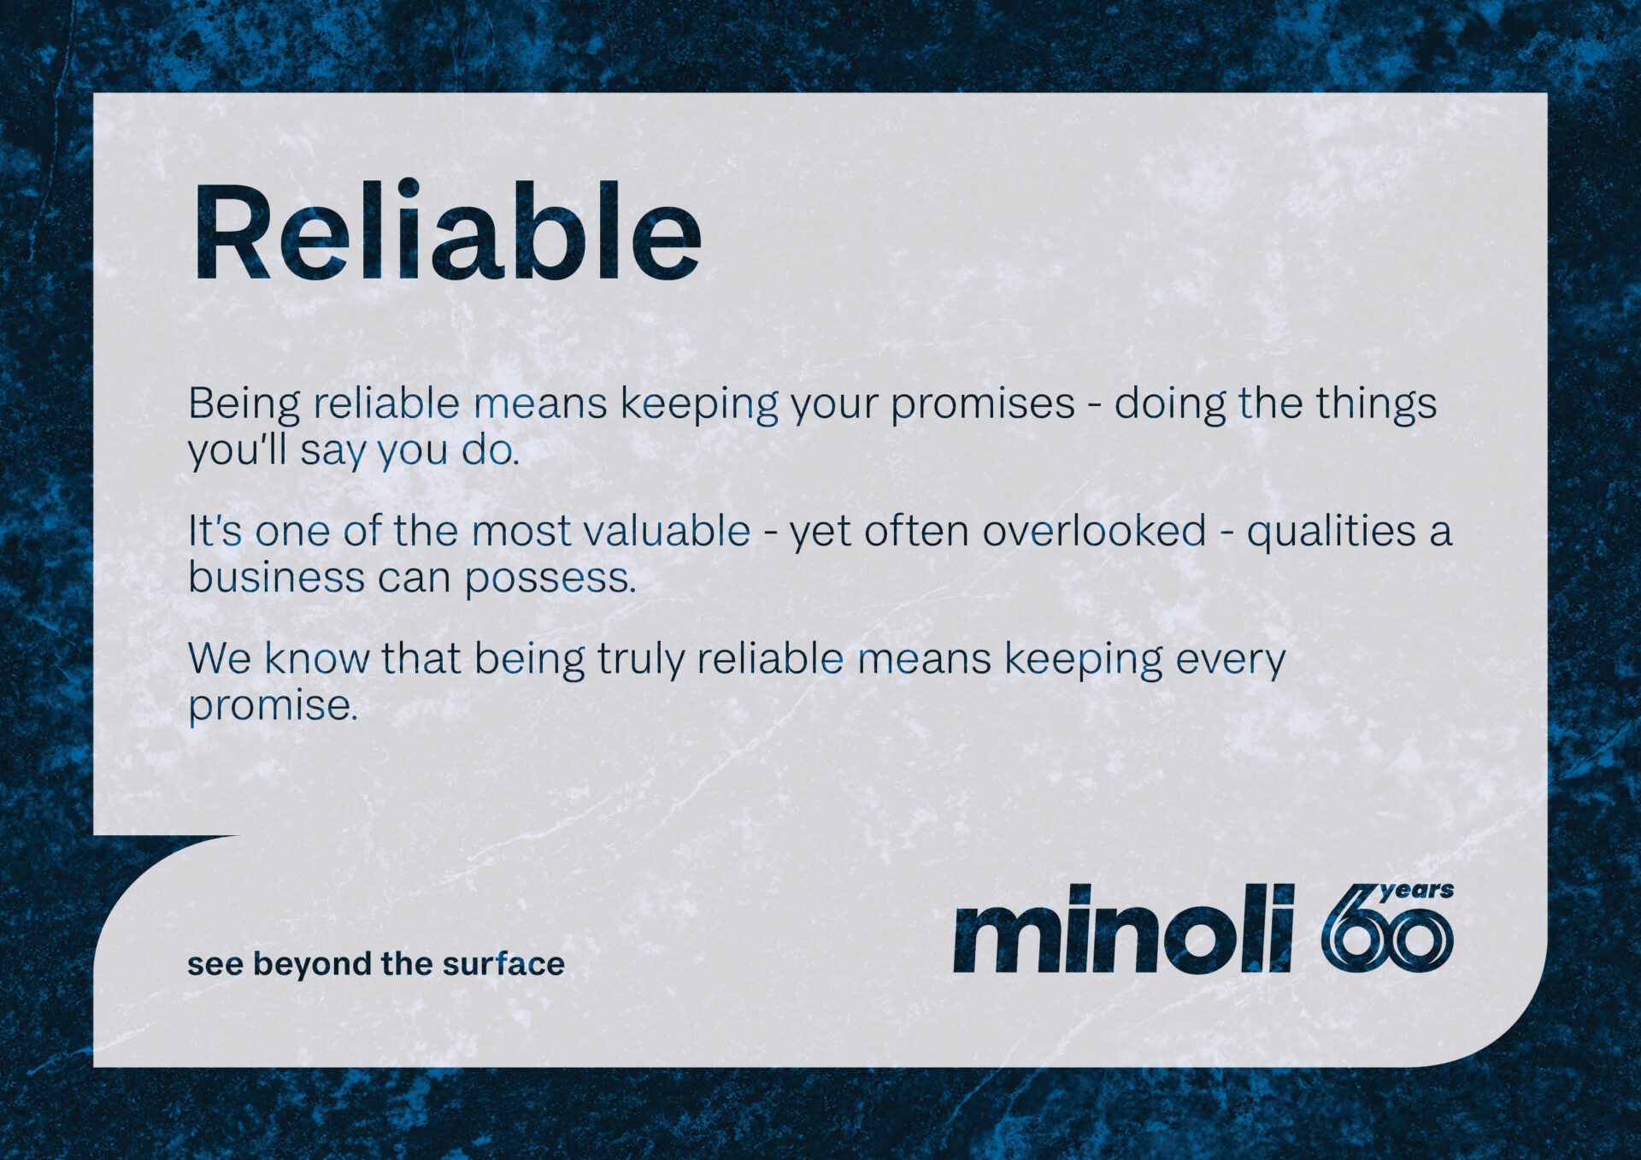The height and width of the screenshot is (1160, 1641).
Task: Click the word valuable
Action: (x=667, y=531)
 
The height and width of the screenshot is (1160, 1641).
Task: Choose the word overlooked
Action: (x=1094, y=531)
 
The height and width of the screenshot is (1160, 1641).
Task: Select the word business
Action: (x=276, y=577)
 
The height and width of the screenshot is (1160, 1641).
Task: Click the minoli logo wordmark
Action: (x=1123, y=928)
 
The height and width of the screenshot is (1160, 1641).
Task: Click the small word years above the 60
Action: (x=1416, y=892)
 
